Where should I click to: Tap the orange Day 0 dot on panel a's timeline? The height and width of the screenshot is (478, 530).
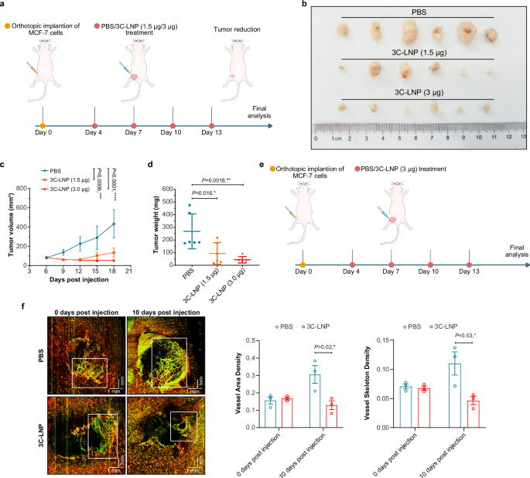43,124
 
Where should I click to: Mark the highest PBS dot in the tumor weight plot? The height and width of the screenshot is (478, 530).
190,205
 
